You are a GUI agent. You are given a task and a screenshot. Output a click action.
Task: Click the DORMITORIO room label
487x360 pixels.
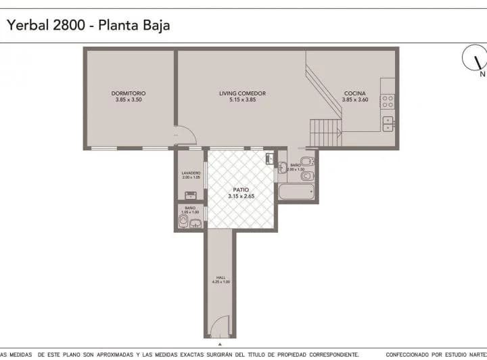[x=129, y=93]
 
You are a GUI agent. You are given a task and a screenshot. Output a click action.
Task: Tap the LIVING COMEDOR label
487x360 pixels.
[x=242, y=93]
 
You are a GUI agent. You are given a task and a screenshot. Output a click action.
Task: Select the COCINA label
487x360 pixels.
[x=355, y=93]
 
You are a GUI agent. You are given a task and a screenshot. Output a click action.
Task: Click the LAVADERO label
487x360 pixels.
[x=191, y=173]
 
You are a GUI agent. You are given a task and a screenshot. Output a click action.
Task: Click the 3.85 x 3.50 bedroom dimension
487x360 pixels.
[x=129, y=100]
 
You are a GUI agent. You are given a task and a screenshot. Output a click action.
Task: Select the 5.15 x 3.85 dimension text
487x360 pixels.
[x=242, y=100]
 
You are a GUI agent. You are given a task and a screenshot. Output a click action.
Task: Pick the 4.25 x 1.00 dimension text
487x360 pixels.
[x=221, y=282]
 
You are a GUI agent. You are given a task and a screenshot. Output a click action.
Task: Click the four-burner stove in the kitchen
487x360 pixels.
[x=388, y=101]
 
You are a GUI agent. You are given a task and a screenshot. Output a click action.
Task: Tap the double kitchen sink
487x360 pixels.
[x=388, y=123]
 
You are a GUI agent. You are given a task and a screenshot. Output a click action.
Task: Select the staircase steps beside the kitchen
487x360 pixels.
[x=325, y=132]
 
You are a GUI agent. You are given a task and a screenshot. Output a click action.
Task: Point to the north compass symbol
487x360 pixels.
[x=475, y=59]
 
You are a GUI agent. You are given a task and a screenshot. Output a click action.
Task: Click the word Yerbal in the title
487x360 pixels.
[x=26, y=25]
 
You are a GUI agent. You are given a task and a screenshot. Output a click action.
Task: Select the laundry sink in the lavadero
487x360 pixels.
[x=191, y=195]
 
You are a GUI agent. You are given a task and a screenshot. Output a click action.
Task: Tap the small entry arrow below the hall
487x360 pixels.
[x=219, y=344]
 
